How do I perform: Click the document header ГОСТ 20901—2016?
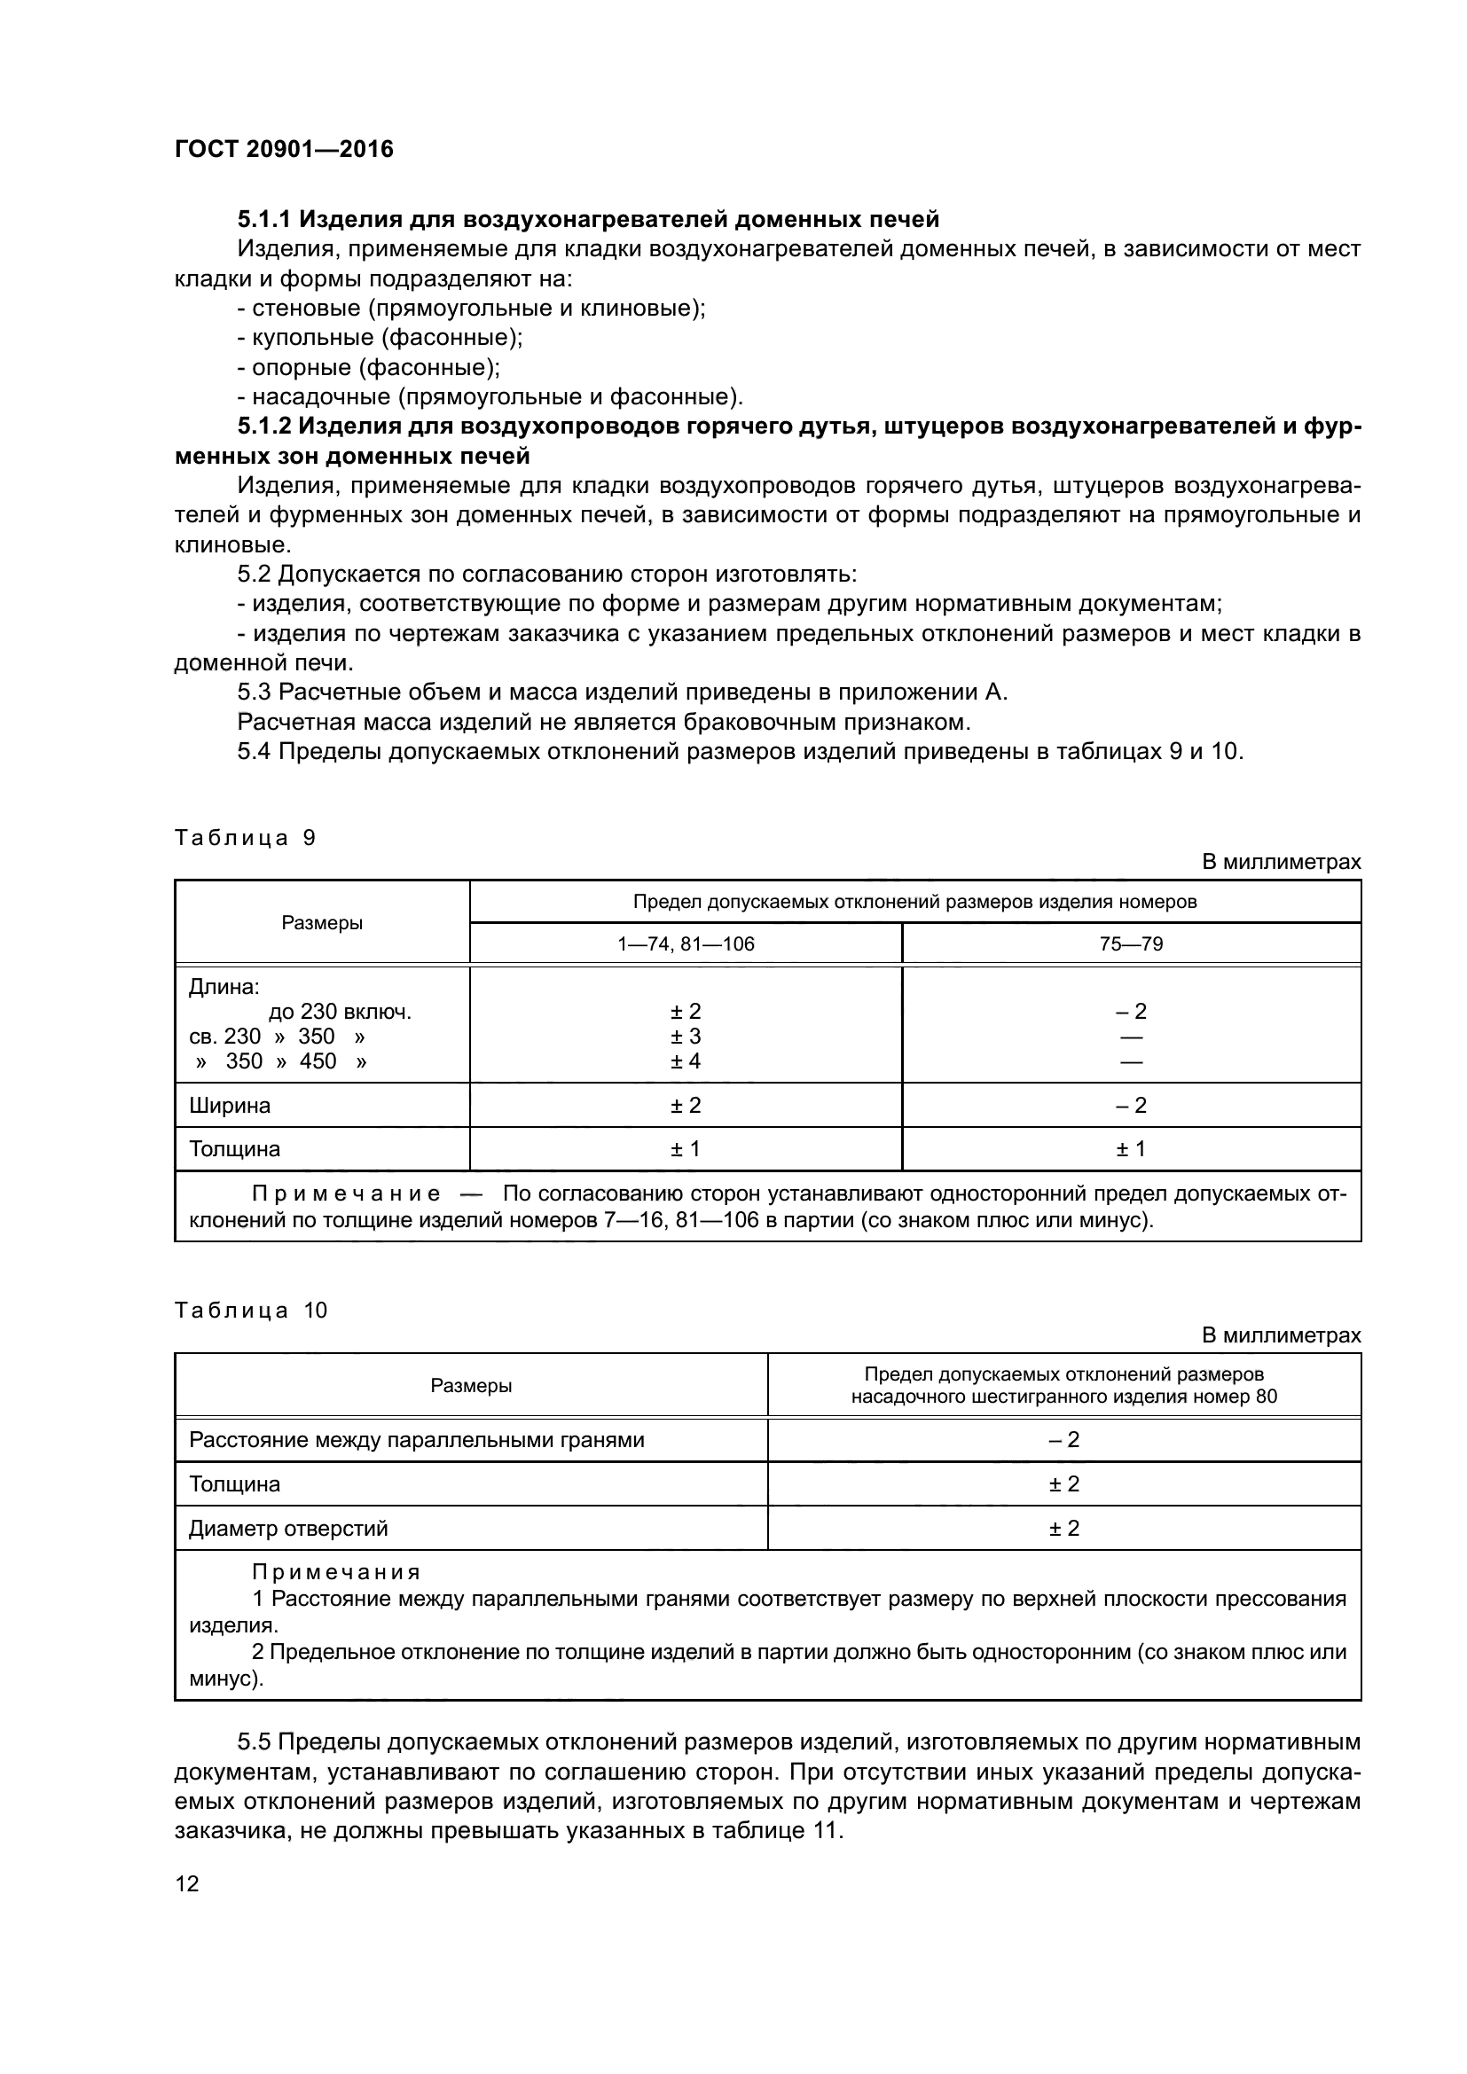[284, 149]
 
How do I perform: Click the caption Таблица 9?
[245, 837]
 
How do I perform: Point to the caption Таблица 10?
[250, 1311]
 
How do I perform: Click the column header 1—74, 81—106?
[686, 944]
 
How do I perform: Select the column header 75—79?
[1131, 944]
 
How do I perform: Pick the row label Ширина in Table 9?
[230, 1106]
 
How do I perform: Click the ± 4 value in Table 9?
[686, 1061]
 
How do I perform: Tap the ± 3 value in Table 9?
[686, 1036]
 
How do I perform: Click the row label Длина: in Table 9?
[224, 987]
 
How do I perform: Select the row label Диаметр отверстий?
[288, 1529]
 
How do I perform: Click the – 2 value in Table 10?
[1064, 1440]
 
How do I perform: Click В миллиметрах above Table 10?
[1281, 1335]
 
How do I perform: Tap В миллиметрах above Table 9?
[1281, 862]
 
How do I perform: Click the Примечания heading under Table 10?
[336, 1573]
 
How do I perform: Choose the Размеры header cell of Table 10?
[471, 1386]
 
